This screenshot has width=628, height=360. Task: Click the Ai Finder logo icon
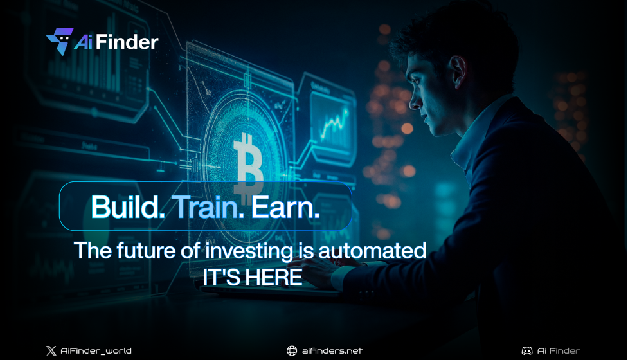(x=60, y=41)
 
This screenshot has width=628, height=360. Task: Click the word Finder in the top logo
(x=130, y=42)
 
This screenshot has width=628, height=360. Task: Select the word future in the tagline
(x=144, y=250)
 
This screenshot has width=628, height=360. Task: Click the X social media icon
(x=51, y=350)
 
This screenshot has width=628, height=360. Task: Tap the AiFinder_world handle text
(x=96, y=350)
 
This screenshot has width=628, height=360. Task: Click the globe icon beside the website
(x=292, y=350)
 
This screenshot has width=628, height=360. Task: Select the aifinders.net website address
(x=332, y=350)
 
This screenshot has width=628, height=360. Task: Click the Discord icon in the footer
(x=526, y=350)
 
